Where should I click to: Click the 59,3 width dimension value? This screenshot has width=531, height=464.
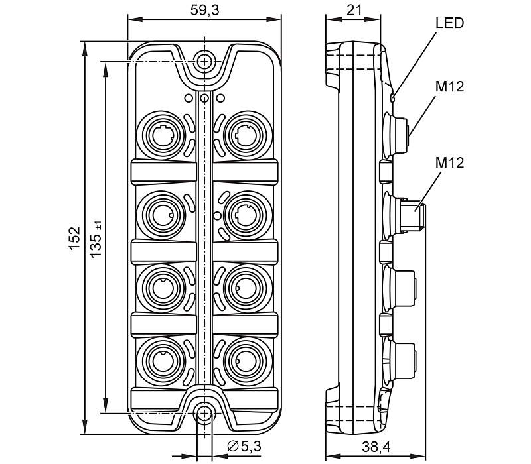click(204, 10)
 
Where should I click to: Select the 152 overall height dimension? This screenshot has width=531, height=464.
click(74, 239)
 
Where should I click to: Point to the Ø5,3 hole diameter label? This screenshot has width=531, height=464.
click(244, 446)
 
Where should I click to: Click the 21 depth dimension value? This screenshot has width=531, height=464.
click(354, 10)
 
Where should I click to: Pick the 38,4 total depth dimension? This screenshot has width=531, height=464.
click(376, 447)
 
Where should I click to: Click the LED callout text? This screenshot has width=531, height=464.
click(449, 23)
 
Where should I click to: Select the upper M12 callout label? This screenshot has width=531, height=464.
click(449, 87)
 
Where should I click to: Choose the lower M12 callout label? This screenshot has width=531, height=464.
click(449, 162)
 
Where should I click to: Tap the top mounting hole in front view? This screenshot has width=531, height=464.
click(204, 62)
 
